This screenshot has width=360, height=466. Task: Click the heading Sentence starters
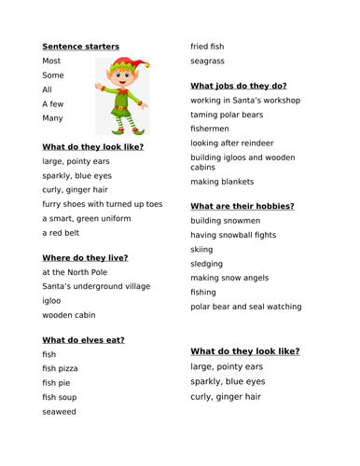[81, 46]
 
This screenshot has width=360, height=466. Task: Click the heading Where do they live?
[85, 257]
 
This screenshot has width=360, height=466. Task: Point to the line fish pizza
[64, 370]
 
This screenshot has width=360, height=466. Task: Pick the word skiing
[203, 250]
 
